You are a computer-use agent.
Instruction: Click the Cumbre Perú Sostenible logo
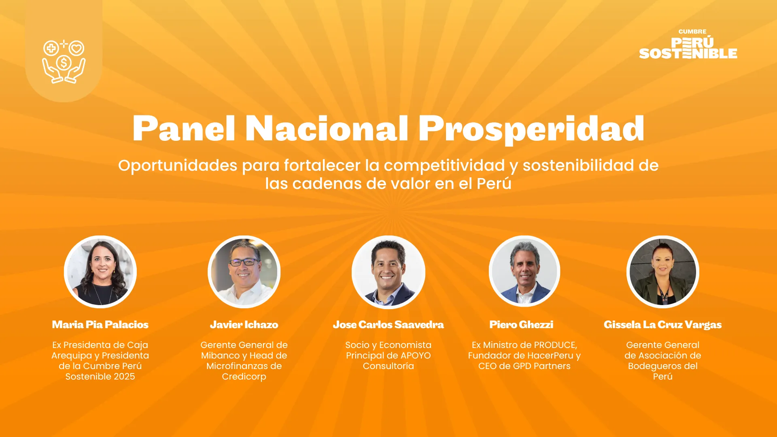click(688, 44)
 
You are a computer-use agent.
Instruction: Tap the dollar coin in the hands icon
click(64, 63)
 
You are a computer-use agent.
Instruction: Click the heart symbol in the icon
click(76, 49)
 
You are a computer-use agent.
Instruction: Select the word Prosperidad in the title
click(531, 129)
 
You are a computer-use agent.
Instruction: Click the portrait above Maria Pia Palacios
click(100, 272)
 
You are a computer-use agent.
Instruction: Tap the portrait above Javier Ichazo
click(244, 272)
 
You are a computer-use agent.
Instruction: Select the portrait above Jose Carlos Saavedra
click(388, 272)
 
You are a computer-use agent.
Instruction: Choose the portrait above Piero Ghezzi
click(524, 271)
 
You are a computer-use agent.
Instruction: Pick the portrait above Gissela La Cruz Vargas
click(663, 272)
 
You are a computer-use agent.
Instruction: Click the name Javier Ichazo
click(244, 325)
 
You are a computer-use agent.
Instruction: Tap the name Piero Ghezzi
click(521, 325)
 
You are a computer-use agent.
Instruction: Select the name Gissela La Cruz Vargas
click(663, 325)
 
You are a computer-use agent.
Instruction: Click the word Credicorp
click(244, 377)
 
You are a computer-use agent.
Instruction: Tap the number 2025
click(124, 377)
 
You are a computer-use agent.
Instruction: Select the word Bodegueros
click(653, 366)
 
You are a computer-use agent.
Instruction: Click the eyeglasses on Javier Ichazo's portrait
click(244, 262)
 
